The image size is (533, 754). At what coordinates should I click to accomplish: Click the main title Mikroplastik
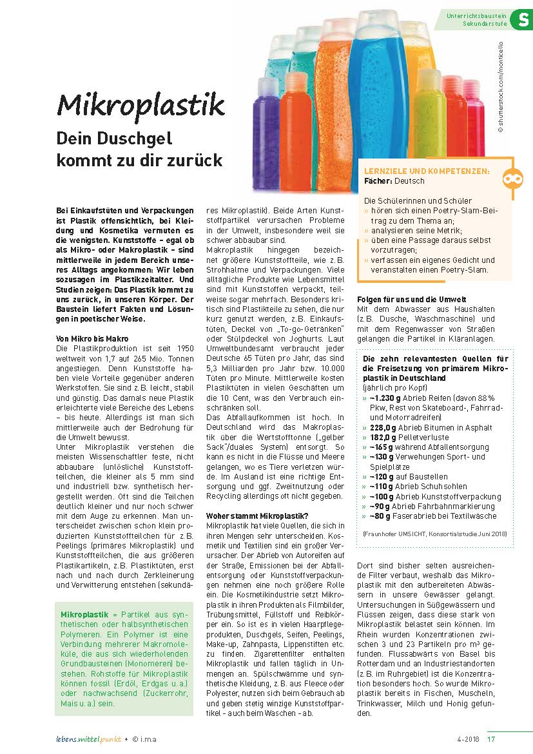pyautogui.click(x=141, y=104)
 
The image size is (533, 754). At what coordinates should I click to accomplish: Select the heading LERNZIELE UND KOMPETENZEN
pyautogui.click(x=426, y=172)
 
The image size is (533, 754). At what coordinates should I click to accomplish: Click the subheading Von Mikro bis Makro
pyautogui.click(x=92, y=338)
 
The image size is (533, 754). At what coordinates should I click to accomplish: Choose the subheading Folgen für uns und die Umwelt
pyautogui.click(x=412, y=300)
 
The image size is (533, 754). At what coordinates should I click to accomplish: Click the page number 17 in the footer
pyautogui.click(x=492, y=739)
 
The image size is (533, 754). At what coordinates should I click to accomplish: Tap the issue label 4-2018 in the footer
pyautogui.click(x=469, y=739)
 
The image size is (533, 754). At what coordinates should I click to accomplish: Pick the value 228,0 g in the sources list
pyautogui.click(x=383, y=427)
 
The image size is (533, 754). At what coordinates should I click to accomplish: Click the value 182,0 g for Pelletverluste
pyautogui.click(x=383, y=436)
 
